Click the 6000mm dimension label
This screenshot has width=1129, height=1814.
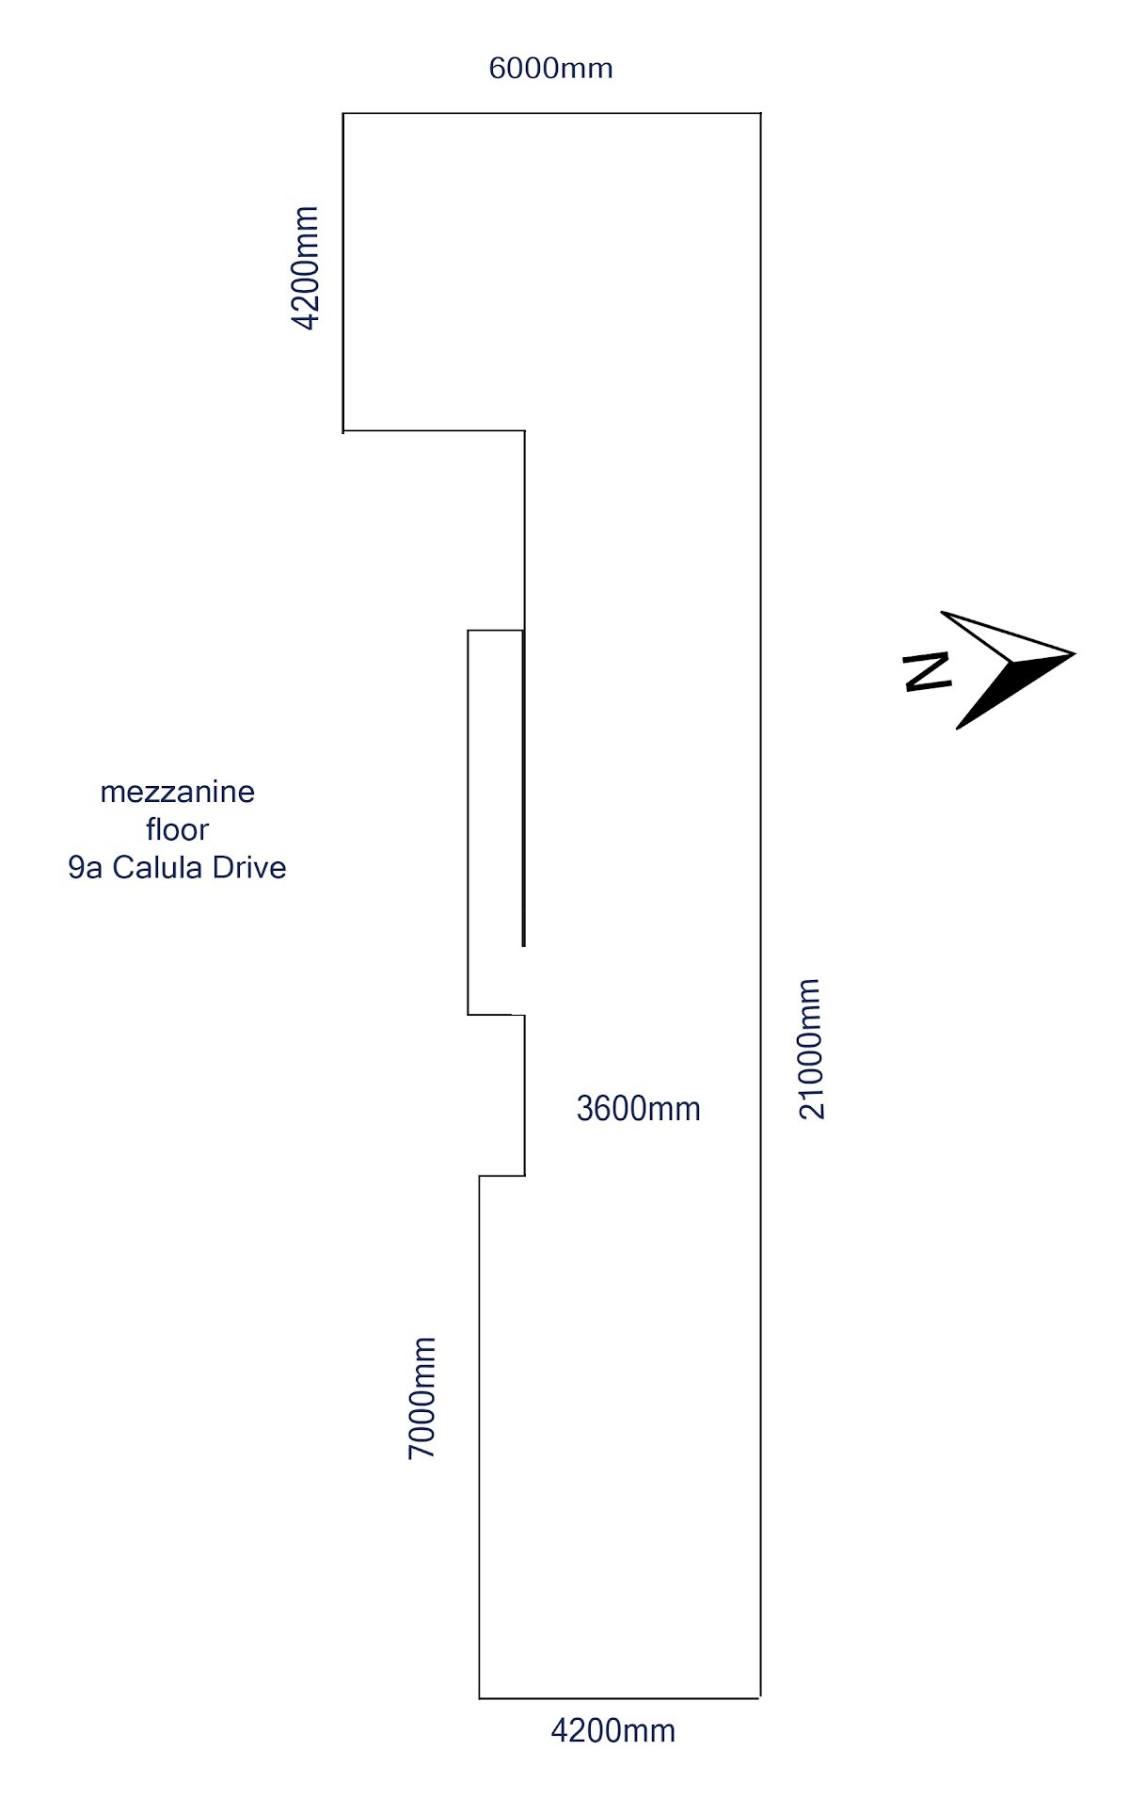(x=550, y=69)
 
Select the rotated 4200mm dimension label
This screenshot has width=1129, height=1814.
(x=307, y=268)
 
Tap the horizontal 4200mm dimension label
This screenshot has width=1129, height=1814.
(x=612, y=1730)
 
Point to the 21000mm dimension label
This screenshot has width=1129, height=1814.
(x=811, y=1049)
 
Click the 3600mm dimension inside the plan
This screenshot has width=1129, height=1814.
(x=638, y=1109)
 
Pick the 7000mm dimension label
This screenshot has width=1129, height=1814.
(x=422, y=1398)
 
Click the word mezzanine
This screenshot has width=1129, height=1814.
(x=177, y=792)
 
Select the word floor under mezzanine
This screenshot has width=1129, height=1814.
(x=177, y=829)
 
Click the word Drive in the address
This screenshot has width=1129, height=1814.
(x=249, y=867)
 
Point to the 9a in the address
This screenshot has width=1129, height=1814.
(x=86, y=867)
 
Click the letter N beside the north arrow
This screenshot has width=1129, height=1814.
(x=927, y=671)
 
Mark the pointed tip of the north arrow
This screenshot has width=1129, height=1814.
(x=1072, y=651)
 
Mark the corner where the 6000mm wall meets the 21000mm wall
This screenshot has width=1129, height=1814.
(x=760, y=114)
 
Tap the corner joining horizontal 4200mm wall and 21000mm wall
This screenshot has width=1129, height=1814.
(x=760, y=1698)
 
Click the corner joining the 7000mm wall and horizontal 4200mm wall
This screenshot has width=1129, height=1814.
(x=480, y=1698)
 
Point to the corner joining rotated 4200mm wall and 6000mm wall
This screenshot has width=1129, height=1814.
(x=343, y=114)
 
